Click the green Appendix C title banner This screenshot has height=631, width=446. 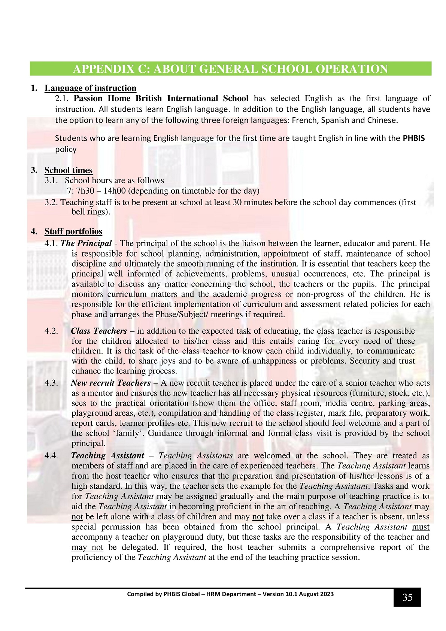click(230, 69)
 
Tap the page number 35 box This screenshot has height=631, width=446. click(407, 597)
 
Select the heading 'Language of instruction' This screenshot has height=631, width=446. click(90, 88)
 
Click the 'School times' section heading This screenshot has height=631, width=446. click(68, 170)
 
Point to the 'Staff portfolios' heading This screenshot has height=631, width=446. click(73, 231)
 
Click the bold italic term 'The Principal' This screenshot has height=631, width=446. click(86, 243)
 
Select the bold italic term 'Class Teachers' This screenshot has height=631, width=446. click(99, 331)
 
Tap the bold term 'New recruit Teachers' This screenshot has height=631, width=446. click(110, 383)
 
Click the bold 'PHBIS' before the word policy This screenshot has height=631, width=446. click(413, 138)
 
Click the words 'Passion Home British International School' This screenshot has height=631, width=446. click(161, 98)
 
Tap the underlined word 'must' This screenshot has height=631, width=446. click(420, 527)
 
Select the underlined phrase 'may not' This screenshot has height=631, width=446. click(87, 547)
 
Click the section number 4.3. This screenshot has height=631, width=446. click(51, 383)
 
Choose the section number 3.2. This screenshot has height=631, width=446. click(51, 203)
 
